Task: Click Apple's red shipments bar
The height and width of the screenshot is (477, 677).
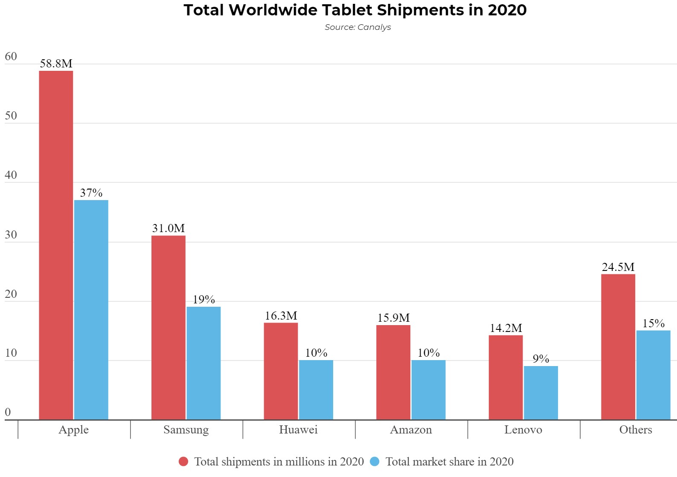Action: tap(56, 245)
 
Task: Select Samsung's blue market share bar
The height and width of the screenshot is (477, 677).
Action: tap(203, 363)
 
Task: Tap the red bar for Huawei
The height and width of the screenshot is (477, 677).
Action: tap(281, 371)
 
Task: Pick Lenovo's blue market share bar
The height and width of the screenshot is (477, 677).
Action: tap(540, 393)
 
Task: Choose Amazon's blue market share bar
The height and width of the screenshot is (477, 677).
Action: tap(428, 390)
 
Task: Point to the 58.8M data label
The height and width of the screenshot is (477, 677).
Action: tap(56, 64)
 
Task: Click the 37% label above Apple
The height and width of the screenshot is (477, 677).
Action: tap(91, 193)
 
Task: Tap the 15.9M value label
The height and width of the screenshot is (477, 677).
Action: tap(393, 318)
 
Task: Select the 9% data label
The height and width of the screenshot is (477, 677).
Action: tap(541, 359)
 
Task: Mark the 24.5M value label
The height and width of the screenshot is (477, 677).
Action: tap(618, 267)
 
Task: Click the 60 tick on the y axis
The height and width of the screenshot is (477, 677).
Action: tap(11, 57)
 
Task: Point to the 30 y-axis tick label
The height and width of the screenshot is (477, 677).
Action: tap(11, 235)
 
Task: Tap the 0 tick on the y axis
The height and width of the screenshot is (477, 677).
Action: tap(8, 412)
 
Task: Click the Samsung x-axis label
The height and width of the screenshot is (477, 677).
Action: tap(186, 430)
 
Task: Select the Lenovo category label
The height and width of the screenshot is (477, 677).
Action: tap(523, 430)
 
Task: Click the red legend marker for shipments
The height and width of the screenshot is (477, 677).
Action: tap(183, 462)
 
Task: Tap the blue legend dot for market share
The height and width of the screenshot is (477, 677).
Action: tap(375, 462)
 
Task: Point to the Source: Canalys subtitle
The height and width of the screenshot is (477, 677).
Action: tap(357, 27)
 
